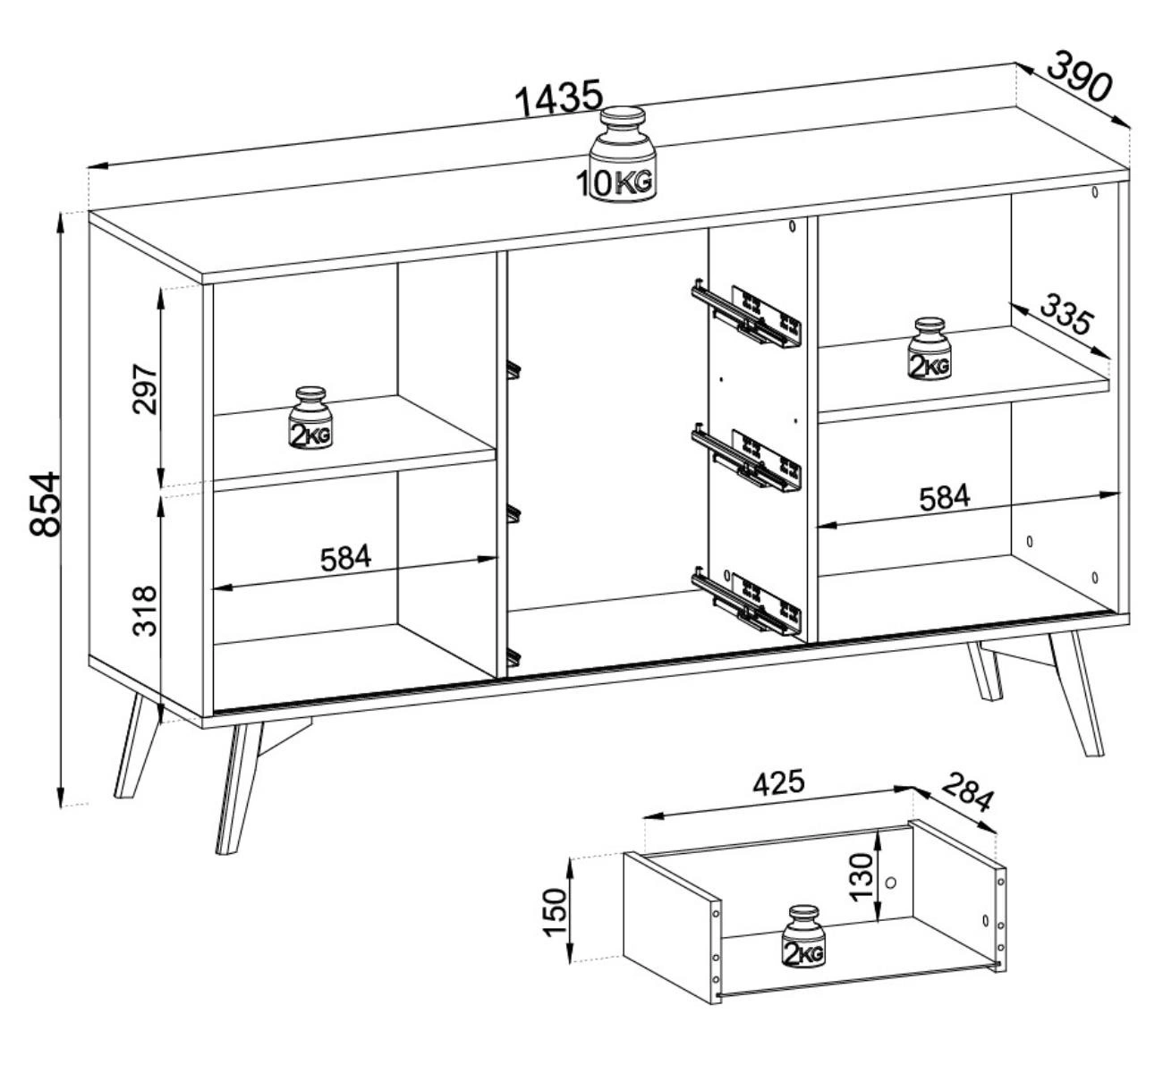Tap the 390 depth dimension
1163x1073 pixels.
(1079, 76)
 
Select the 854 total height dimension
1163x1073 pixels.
(45, 504)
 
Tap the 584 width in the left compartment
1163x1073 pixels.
(345, 558)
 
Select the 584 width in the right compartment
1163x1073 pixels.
(944, 497)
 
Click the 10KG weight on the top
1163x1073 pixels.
(623, 154)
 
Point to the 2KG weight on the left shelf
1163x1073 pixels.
(310, 418)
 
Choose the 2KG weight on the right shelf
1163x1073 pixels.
(930, 349)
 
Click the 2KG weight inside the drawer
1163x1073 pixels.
(803, 936)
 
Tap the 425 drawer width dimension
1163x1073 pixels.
(779, 784)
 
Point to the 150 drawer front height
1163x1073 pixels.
(556, 913)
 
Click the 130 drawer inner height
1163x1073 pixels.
(861, 877)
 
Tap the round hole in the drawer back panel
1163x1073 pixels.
(891, 883)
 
